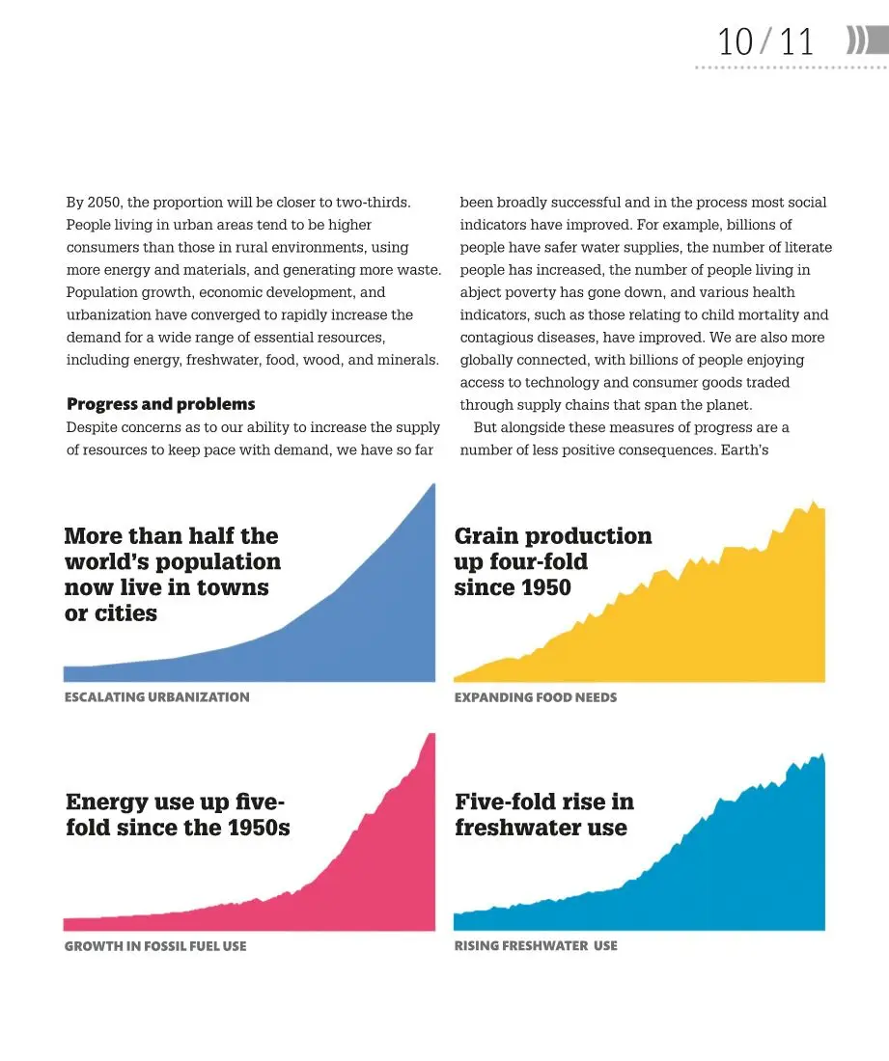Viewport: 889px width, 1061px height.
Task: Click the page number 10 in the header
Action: pos(735,42)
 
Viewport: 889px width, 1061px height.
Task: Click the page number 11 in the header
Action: pos(797,42)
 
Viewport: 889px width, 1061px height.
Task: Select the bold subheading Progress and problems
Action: pos(161,404)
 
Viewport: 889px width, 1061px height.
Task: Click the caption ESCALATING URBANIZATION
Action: pos(156,697)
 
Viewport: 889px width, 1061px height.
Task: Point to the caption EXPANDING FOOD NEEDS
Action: pos(535,697)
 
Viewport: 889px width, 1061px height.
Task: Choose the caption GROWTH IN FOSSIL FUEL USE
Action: pos(155,946)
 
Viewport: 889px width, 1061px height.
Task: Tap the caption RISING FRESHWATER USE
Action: pos(536,946)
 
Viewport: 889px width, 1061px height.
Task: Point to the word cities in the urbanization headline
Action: pos(125,613)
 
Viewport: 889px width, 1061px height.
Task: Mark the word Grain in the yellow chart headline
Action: pos(487,535)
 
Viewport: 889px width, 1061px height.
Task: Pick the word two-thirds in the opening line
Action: pos(373,203)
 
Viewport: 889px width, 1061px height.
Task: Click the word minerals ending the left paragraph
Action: pos(406,360)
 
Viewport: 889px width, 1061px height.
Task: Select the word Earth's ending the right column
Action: pos(744,450)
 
